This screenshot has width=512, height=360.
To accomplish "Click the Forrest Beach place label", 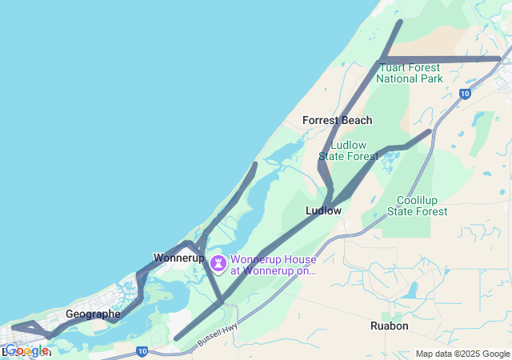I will pos(337,120).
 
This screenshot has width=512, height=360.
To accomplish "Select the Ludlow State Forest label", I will pos(348,150).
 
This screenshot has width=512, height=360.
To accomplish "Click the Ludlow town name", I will pos(323,210).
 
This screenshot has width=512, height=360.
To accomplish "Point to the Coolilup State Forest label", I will pos(418,206).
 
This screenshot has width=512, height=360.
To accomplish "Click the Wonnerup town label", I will pos(178,258).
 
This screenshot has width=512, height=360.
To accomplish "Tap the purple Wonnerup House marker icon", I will pos(218,262).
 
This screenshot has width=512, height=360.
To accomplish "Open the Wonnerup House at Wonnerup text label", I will pos(274,265).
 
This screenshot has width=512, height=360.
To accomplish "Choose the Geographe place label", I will pos(93,314).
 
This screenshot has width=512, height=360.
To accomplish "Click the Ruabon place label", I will pos(390,326).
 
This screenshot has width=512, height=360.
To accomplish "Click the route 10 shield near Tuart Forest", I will pos(465,94).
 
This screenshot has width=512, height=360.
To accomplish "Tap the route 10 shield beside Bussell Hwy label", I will pos(141,350).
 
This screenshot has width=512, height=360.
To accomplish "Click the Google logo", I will pos(26,350).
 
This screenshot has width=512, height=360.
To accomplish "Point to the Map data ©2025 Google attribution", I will pos(462,354).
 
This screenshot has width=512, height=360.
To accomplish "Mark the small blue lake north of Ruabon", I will pos(411,290).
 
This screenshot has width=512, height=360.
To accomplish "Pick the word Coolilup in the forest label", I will pos(418,200).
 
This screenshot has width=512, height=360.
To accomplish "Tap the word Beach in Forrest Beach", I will pos(356,120).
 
